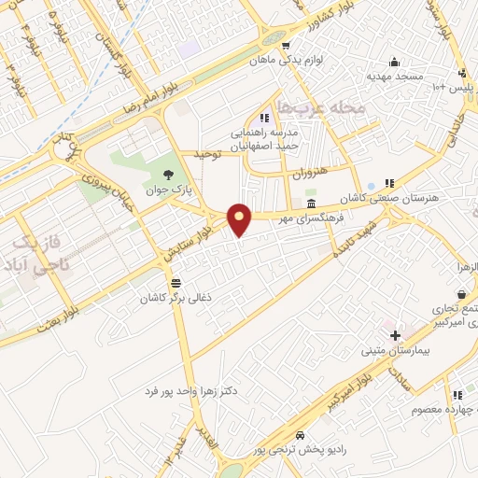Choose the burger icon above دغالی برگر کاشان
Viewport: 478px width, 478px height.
(x=176, y=283)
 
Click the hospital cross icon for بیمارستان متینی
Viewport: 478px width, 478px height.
(x=396, y=334)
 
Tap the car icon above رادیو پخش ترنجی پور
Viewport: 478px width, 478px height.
(x=299, y=436)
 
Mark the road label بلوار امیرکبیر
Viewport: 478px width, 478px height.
(x=351, y=387)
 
